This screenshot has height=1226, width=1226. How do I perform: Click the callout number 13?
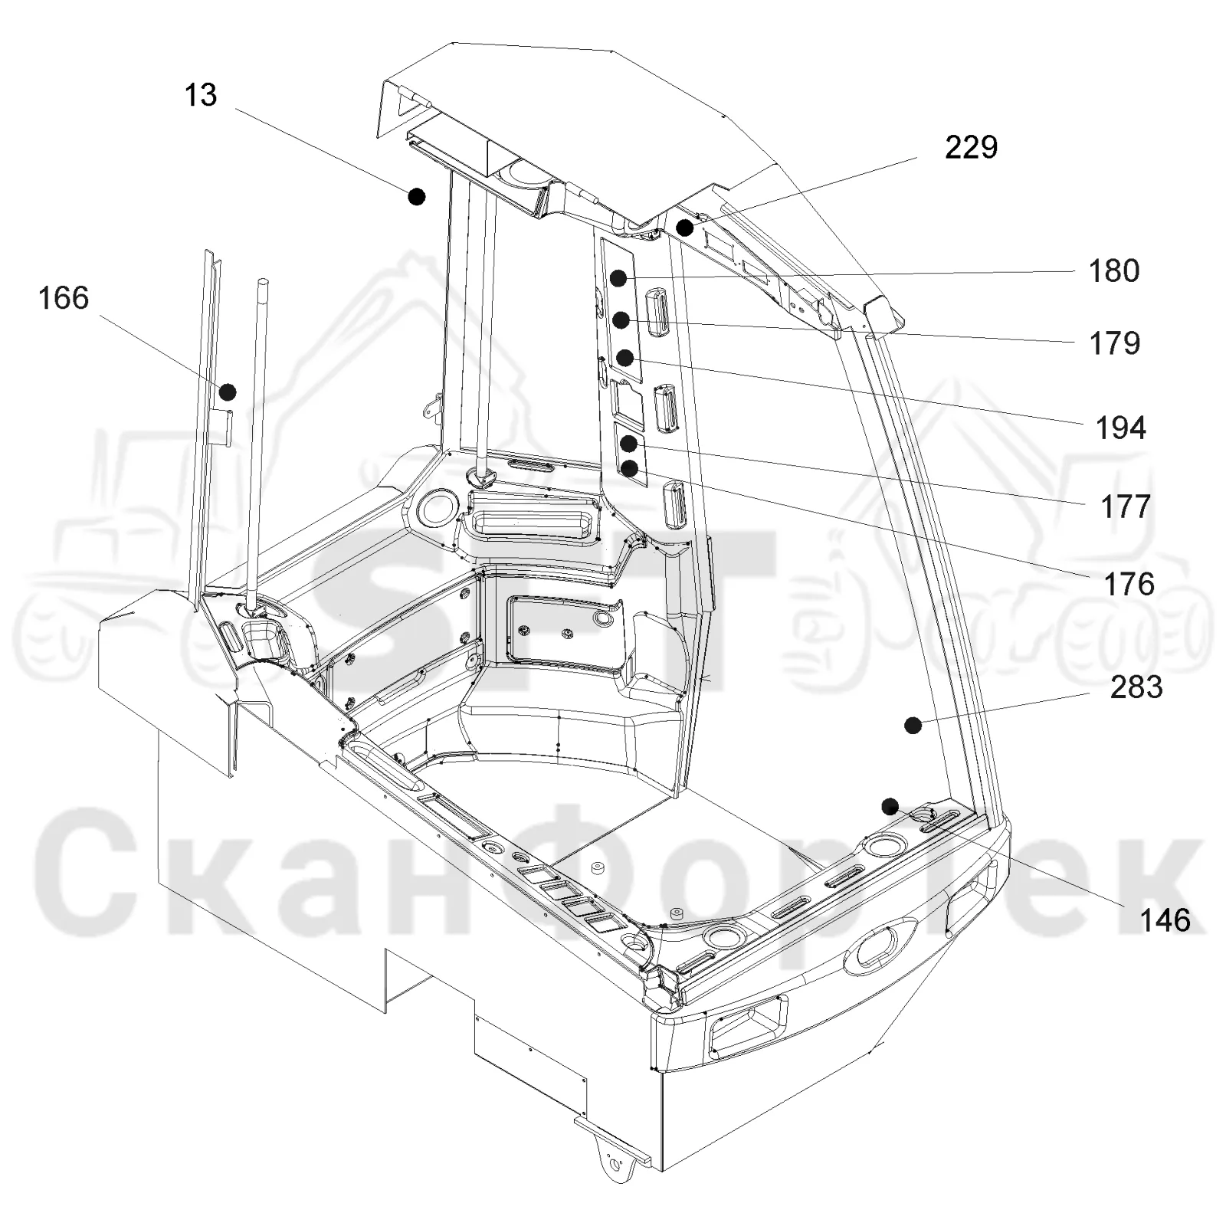point(201,95)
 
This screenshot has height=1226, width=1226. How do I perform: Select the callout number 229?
point(971,147)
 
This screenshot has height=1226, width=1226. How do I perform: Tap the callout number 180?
point(1114,270)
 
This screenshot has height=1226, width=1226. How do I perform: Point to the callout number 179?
point(1115,343)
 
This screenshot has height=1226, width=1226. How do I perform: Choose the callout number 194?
point(1120,428)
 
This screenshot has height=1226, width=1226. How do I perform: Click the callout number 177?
point(1126,506)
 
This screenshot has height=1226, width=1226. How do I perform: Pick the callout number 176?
point(1129,585)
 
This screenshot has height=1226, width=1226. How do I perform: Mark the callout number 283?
point(1136,687)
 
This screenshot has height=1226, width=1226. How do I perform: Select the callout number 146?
point(1165,920)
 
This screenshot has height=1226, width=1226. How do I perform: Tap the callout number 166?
point(64,297)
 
